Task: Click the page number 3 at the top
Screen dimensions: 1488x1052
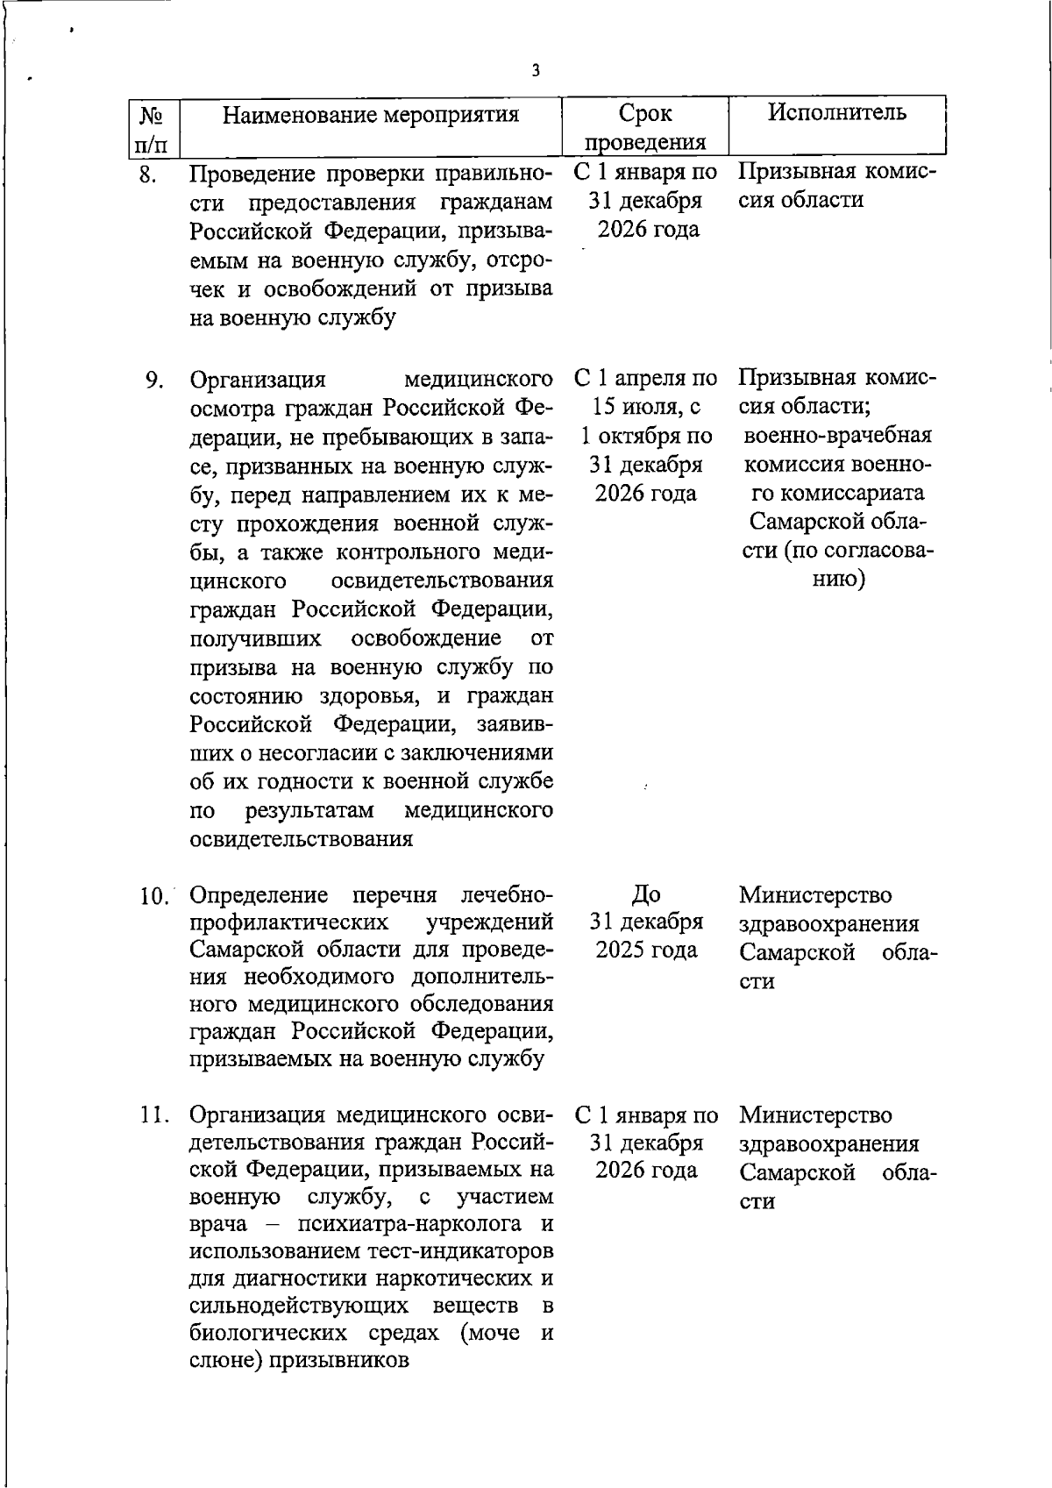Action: click(535, 71)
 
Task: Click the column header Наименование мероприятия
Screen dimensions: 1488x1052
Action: click(370, 115)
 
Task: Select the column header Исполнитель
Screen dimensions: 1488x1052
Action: click(836, 112)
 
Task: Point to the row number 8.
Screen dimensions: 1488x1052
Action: click(147, 175)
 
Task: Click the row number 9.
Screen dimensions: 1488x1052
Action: click(154, 381)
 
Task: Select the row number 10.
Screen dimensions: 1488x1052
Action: click(155, 896)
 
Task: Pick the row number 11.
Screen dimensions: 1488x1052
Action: click(155, 1116)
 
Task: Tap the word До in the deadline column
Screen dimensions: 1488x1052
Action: click(646, 894)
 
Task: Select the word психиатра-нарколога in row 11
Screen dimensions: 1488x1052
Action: click(397, 1224)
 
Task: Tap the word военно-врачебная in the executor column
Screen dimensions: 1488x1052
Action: click(838, 436)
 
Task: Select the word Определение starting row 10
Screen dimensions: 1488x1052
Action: click(259, 895)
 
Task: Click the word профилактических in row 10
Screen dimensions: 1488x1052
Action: click(290, 923)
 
